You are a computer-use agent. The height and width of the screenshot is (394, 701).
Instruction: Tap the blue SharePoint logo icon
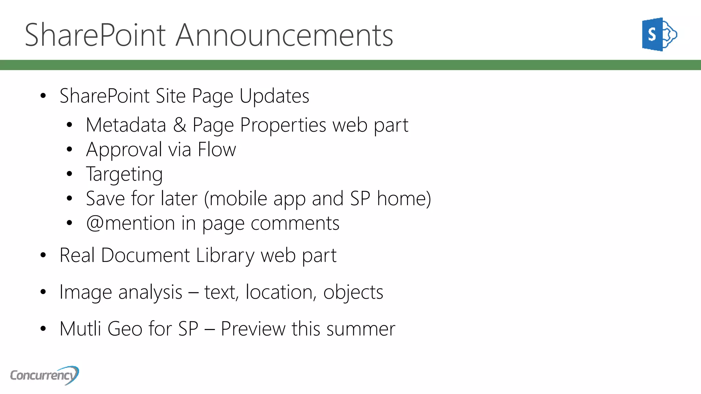(659, 34)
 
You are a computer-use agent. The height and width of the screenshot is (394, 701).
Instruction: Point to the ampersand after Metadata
(179, 125)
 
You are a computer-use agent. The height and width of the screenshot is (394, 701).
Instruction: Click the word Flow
(217, 150)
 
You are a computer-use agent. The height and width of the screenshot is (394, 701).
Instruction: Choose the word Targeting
(124, 174)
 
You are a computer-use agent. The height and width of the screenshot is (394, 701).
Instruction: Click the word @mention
(130, 223)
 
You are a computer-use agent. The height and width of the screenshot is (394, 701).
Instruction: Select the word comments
(295, 223)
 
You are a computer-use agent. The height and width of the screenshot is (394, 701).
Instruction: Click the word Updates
(274, 96)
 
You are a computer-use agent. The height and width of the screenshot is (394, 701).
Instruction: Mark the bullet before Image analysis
(43, 292)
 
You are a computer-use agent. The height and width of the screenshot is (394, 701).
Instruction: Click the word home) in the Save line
(404, 199)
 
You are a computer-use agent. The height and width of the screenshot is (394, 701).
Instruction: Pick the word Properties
(283, 125)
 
